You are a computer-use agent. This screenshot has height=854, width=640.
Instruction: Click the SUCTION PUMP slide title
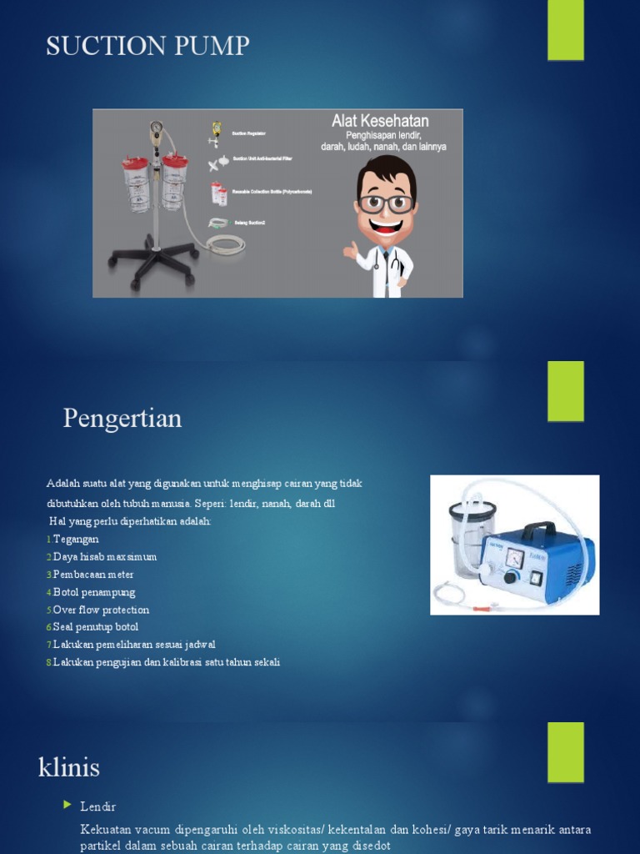click(147, 46)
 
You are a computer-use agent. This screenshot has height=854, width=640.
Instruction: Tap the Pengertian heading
click(122, 418)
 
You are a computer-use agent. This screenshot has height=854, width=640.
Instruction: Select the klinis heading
click(69, 766)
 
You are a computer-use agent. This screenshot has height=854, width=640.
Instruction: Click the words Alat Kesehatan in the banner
click(380, 122)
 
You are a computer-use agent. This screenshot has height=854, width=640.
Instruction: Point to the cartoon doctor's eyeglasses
click(386, 203)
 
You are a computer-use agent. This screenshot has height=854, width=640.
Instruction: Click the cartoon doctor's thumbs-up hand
click(351, 249)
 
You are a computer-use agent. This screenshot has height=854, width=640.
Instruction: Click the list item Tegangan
click(76, 540)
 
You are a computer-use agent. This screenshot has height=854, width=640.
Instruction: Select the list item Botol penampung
click(93, 592)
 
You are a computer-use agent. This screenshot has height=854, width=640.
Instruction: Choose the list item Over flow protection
click(101, 610)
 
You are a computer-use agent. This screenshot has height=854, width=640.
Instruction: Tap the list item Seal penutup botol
click(95, 627)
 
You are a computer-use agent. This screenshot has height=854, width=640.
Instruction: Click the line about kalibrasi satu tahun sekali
click(166, 662)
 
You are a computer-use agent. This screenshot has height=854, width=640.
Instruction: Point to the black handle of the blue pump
click(539, 528)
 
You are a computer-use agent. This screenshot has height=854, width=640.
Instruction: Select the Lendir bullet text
click(97, 806)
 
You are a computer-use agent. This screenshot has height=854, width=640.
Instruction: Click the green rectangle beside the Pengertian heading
click(565, 391)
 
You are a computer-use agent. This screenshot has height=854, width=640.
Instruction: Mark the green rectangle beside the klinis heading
click(565, 752)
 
